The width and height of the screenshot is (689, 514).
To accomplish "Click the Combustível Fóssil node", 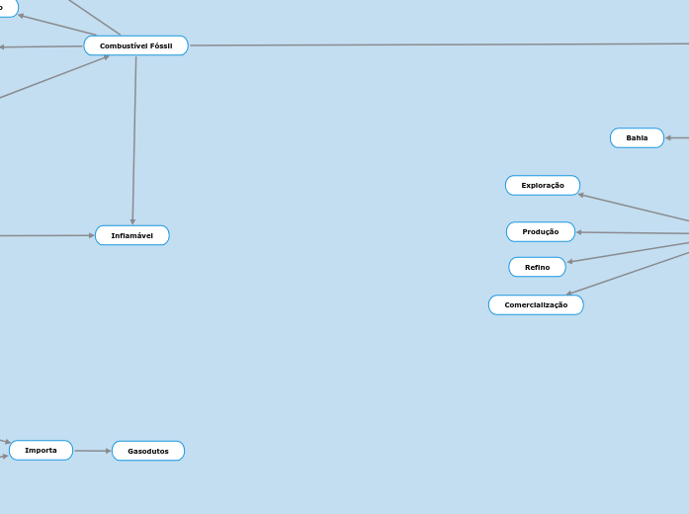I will pyautogui.click(x=135, y=45).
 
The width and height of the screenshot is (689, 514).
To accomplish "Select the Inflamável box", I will pyautogui.click(x=131, y=235).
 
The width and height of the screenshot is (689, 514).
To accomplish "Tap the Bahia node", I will pyautogui.click(x=637, y=137).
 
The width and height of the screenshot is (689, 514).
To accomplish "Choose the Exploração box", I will pyautogui.click(x=542, y=185).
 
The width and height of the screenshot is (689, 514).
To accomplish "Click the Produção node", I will pyautogui.click(x=540, y=231).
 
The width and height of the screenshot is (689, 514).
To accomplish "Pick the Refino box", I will pyautogui.click(x=537, y=267).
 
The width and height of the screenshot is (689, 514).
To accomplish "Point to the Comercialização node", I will pyautogui.click(x=536, y=304).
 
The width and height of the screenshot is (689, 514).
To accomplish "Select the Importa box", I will pyautogui.click(x=41, y=450).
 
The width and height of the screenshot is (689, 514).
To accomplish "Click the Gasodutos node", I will pyautogui.click(x=147, y=451).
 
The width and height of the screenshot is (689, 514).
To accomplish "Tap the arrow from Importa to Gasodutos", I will pyautogui.click(x=92, y=451).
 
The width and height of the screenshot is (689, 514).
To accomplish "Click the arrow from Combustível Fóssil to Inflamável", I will pyautogui.click(x=134, y=138).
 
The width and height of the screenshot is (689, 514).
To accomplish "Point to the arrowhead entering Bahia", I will pyautogui.click(x=669, y=137).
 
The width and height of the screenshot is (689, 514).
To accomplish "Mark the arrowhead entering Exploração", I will pyautogui.click(x=582, y=194).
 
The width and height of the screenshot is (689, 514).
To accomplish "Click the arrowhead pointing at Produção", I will pyautogui.click(x=579, y=232).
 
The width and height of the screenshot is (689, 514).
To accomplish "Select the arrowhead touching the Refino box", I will pyautogui.click(x=570, y=261).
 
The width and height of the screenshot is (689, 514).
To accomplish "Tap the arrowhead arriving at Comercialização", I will pyautogui.click(x=570, y=293).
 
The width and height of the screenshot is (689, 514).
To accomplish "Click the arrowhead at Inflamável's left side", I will pyautogui.click(x=91, y=235).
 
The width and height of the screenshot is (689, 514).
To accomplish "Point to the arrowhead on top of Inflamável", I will pyautogui.click(x=132, y=221).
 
